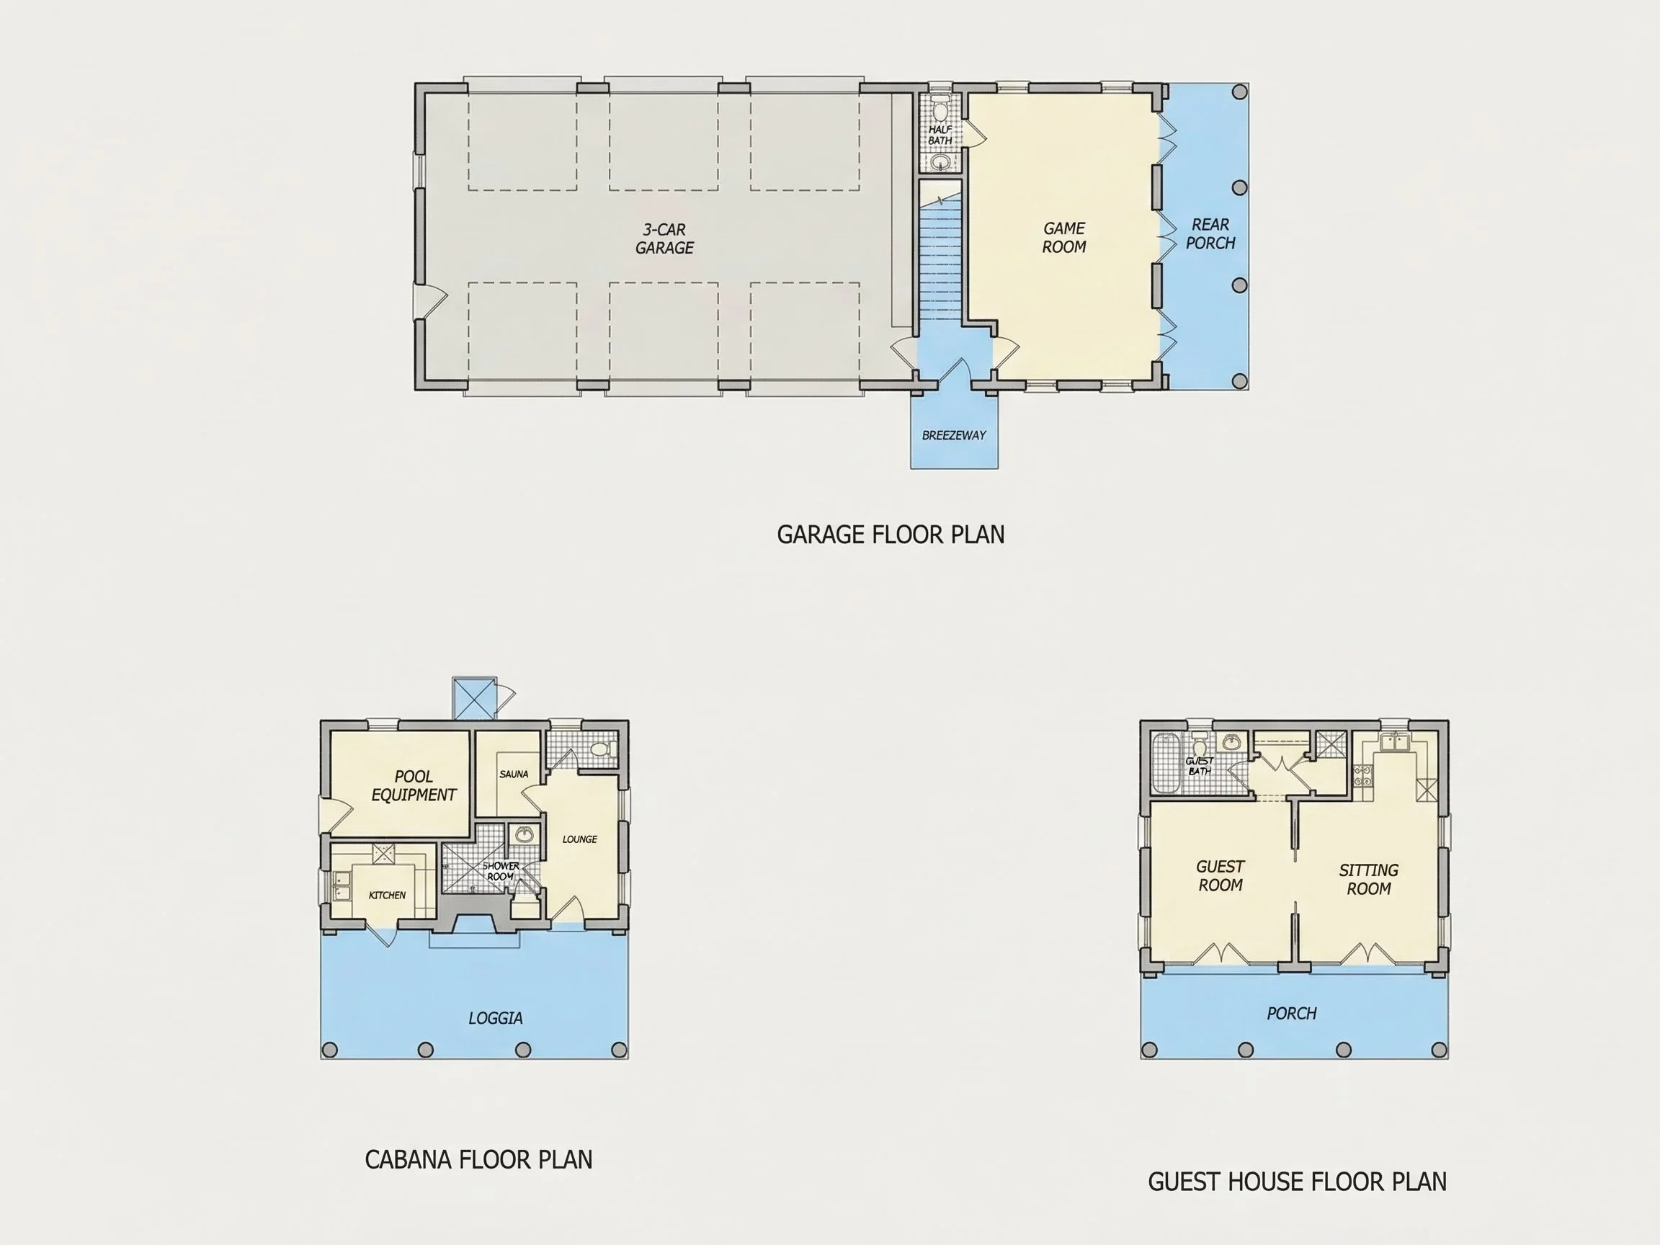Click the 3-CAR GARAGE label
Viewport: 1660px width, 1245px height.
tap(664, 238)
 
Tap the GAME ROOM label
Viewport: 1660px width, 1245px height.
tap(1064, 237)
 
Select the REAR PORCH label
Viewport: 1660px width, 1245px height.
tap(1210, 233)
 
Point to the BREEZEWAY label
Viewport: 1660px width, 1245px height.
tap(954, 435)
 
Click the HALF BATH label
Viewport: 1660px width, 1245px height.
tap(940, 135)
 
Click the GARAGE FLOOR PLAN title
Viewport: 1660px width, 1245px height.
tap(890, 535)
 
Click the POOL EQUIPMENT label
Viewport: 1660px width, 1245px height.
tap(414, 786)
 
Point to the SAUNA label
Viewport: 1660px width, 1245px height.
tap(513, 774)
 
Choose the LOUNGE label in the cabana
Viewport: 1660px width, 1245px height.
tap(579, 839)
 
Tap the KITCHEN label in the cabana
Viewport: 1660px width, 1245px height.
tap(386, 896)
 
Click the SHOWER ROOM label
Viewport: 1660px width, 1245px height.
tap(501, 871)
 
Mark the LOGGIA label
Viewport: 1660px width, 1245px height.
tap(495, 1018)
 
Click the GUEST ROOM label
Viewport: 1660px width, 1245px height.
tap(1221, 876)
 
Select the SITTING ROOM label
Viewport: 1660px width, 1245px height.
tap(1368, 880)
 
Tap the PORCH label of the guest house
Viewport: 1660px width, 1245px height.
tap(1292, 1014)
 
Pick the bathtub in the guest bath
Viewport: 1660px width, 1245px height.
tap(1166, 762)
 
